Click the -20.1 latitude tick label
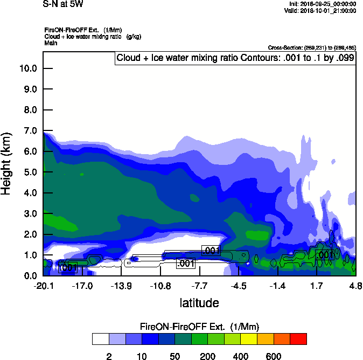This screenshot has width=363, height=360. coord(43,286)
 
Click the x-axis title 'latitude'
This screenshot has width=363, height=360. coord(199,303)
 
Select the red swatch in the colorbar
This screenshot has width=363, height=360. coord(298,339)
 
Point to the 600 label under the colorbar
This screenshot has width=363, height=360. coord(273,356)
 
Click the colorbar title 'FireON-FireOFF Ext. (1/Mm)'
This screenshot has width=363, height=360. coord(199,327)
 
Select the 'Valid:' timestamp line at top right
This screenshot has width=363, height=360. coord(322,10)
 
